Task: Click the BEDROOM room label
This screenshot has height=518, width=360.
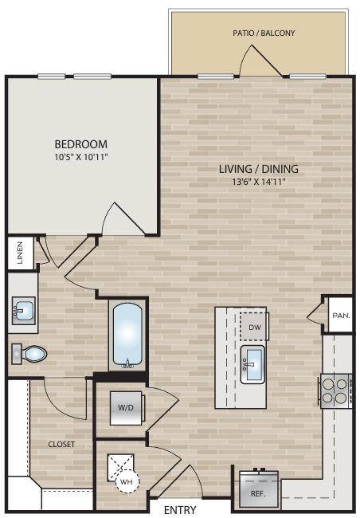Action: pos(80,144)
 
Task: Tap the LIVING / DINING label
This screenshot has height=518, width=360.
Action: pos(259,169)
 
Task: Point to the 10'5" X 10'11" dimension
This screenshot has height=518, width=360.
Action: pos(80,158)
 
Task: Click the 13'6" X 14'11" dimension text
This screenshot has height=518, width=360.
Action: pos(259,182)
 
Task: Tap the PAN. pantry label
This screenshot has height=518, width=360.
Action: pos(340,316)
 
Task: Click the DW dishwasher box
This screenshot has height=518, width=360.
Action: pos(254,327)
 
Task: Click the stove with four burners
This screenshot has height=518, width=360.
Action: pos(335,390)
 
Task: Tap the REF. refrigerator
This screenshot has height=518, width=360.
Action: pos(259,491)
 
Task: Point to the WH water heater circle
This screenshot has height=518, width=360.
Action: pos(126,481)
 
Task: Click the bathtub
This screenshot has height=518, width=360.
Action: pos(128,336)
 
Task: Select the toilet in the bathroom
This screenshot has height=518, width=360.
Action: pos(30,352)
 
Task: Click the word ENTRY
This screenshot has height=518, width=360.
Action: pos(180,509)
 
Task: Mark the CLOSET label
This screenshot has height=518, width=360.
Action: pos(61,444)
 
